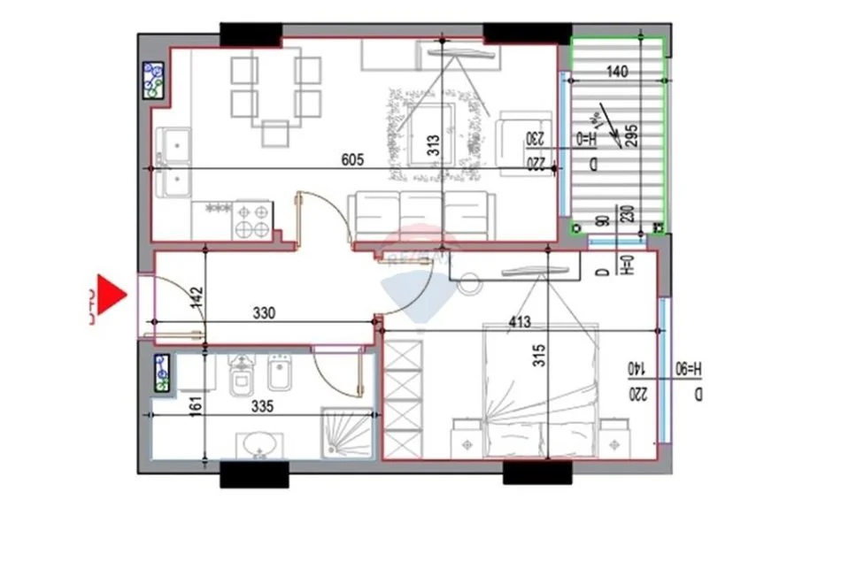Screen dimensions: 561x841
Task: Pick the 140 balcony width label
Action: click(x=617, y=73)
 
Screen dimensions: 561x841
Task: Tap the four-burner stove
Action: click(x=252, y=220)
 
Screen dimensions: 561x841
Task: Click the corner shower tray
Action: click(x=347, y=433)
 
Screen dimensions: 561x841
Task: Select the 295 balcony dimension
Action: click(x=632, y=135)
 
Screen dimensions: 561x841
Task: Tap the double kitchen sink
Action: click(x=174, y=162)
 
